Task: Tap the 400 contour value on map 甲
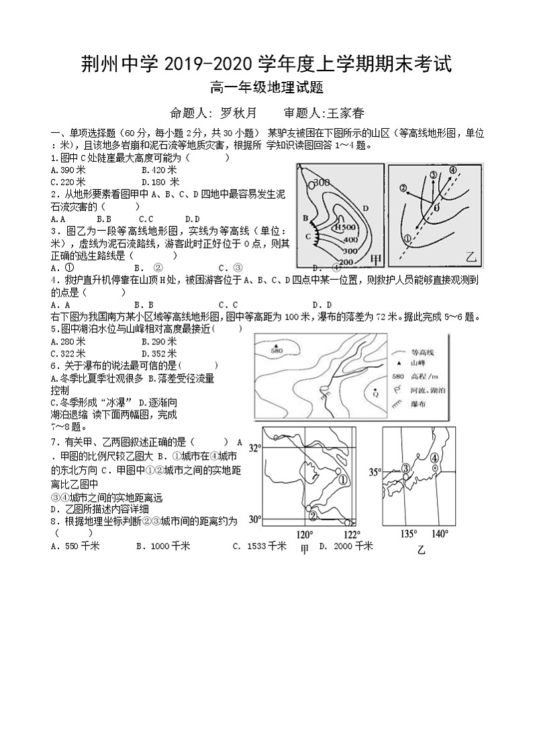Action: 350,239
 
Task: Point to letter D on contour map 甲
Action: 365,208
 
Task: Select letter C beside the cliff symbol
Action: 308,236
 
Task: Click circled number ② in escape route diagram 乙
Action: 403,189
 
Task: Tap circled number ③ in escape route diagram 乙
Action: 433,176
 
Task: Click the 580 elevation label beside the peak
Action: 277,350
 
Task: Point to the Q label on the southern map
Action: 375,394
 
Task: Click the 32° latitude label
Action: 254,448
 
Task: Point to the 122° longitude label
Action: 351,534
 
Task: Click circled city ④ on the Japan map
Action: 435,458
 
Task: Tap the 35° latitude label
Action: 375,472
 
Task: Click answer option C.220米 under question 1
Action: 68,181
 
